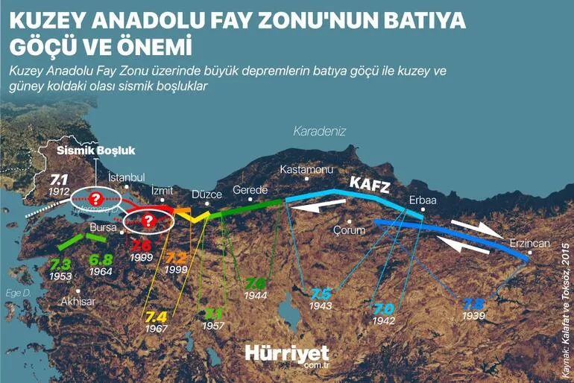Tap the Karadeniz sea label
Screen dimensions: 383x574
[320, 131]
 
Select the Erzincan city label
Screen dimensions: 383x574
[529, 244]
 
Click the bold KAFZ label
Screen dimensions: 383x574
[370, 183]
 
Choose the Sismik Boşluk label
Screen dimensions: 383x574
[96, 150]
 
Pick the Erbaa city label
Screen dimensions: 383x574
[422, 200]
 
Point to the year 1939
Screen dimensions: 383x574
[474, 317]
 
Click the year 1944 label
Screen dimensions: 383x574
[256, 296]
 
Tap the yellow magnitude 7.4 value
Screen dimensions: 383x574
[157, 316]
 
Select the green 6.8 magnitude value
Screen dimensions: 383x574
[101, 260]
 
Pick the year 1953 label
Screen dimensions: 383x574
[60, 276]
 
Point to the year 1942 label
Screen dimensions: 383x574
[385, 322]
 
